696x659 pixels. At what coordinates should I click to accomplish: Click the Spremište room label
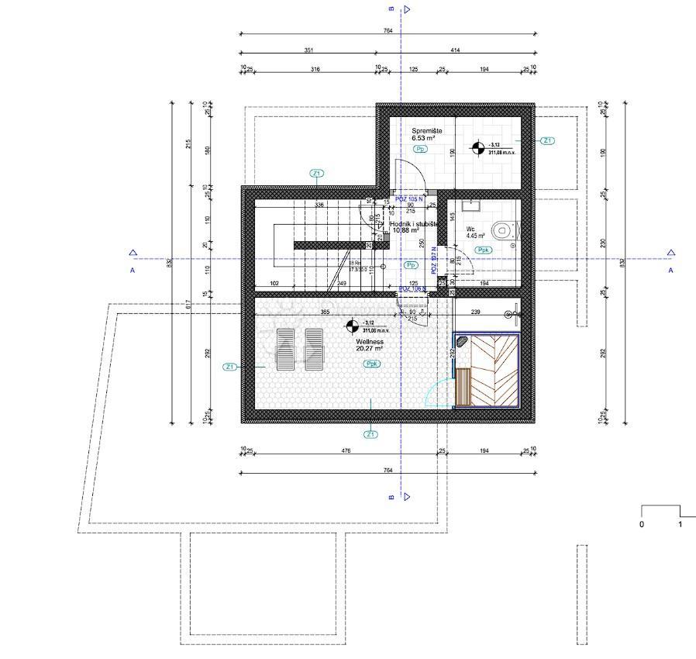click(x=427, y=132)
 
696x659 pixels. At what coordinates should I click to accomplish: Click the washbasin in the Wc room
click(x=470, y=205)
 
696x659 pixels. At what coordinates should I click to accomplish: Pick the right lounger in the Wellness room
click(x=313, y=349)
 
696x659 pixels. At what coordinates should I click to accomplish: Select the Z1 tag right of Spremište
click(x=547, y=141)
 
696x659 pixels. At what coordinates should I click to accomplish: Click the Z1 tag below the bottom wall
click(x=371, y=434)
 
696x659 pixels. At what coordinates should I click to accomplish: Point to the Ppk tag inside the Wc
click(x=484, y=250)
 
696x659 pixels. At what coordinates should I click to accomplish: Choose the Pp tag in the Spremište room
click(x=421, y=149)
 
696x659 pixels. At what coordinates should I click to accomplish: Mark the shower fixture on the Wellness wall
click(x=512, y=314)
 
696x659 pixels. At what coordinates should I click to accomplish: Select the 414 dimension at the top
click(x=454, y=50)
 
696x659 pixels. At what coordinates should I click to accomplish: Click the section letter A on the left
click(x=133, y=270)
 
